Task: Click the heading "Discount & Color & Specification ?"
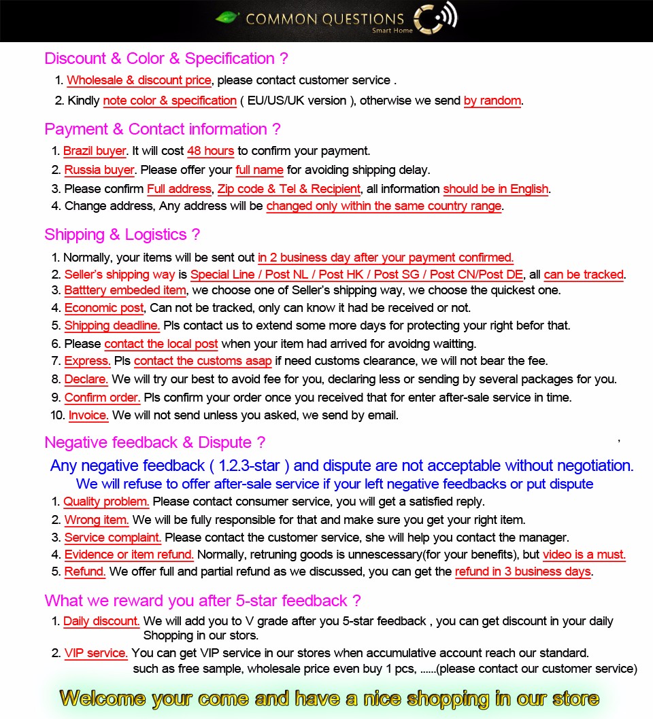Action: [166, 58]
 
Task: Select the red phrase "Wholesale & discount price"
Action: [139, 80]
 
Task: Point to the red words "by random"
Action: [492, 101]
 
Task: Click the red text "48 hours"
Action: [210, 151]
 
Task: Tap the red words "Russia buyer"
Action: [99, 170]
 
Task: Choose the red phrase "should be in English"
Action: [496, 189]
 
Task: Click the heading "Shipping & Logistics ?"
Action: [122, 234]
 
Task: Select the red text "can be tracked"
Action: [584, 275]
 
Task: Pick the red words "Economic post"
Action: [104, 308]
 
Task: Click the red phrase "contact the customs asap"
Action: [203, 361]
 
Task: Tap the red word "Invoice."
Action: [88, 415]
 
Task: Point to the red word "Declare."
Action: [86, 379]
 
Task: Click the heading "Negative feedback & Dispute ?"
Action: [154, 442]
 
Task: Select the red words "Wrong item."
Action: [97, 520]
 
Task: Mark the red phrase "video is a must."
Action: [584, 555]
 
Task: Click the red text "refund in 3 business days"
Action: [522, 572]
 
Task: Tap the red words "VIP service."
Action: [96, 653]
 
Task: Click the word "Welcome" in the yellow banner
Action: [102, 698]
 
